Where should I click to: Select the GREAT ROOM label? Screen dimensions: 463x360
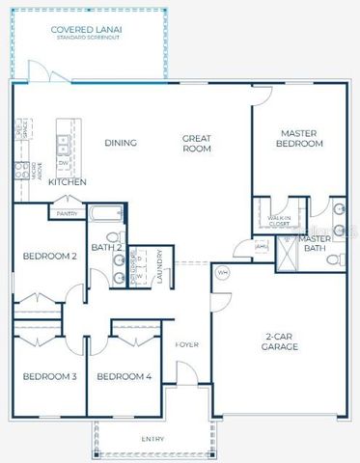click(197, 143)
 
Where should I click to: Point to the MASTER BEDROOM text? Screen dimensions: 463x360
click(300, 138)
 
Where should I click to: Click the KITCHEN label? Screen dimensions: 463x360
click(68, 181)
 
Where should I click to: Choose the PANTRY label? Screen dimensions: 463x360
click(67, 213)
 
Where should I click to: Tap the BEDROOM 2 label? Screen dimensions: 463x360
click(49, 256)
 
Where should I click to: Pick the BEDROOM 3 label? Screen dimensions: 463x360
click(49, 375)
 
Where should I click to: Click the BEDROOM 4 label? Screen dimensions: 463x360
click(125, 375)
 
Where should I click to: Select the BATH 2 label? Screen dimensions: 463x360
click(106, 248)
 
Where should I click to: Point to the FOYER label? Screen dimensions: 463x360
click(187, 344)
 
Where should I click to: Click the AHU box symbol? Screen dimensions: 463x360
click(261, 247)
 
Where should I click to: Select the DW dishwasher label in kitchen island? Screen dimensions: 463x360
click(63, 162)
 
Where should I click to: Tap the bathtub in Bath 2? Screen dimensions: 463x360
click(105, 214)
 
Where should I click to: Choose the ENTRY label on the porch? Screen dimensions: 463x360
click(152, 440)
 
